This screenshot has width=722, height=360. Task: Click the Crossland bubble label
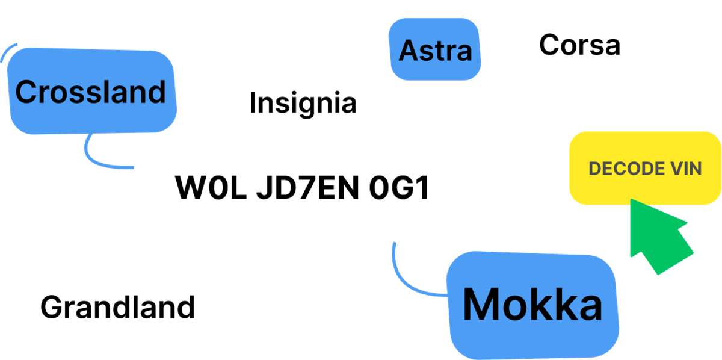point(90,92)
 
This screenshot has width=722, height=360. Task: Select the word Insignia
point(303,102)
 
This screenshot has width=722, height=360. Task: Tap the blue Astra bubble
point(435,51)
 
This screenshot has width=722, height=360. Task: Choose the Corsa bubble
point(579,45)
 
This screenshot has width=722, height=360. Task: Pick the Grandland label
point(118,307)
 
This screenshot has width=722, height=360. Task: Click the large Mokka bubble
point(532,305)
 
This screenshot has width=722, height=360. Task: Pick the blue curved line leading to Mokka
point(409,280)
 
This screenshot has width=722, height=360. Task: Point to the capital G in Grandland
point(51,307)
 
